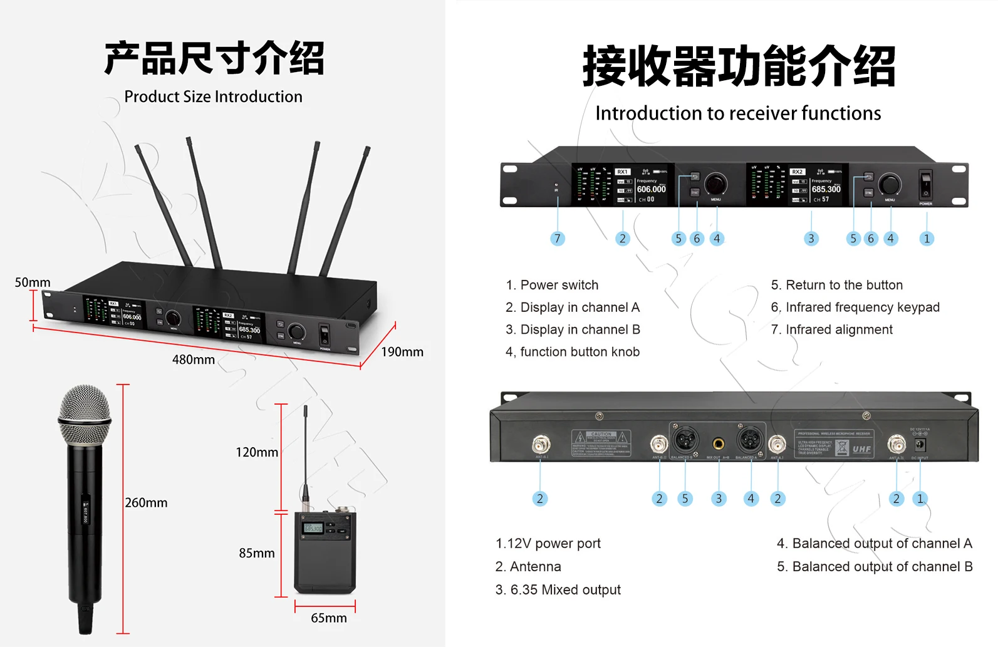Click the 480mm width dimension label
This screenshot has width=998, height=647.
[x=193, y=360]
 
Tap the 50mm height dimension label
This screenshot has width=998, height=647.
[x=33, y=282]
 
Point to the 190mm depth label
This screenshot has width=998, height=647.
[x=402, y=352]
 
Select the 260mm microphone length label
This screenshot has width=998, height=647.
[x=146, y=503]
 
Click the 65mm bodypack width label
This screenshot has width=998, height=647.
[x=328, y=618]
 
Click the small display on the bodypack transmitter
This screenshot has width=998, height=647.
[x=313, y=528]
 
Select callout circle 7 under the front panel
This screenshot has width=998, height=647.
[x=557, y=239]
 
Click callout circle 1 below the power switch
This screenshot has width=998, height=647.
[x=927, y=239]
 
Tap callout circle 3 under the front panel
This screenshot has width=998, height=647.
[x=811, y=239]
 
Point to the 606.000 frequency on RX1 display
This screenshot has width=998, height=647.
[x=651, y=189]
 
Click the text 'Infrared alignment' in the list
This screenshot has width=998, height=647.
[x=839, y=329]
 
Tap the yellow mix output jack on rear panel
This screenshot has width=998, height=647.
[x=719, y=444]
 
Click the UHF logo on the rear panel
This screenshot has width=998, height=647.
[x=861, y=449]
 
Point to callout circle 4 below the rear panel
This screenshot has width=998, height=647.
[x=751, y=499]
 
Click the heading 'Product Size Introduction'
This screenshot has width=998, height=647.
[x=213, y=96]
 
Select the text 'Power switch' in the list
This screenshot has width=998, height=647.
[x=559, y=285]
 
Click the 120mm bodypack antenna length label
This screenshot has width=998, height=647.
[x=256, y=452]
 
